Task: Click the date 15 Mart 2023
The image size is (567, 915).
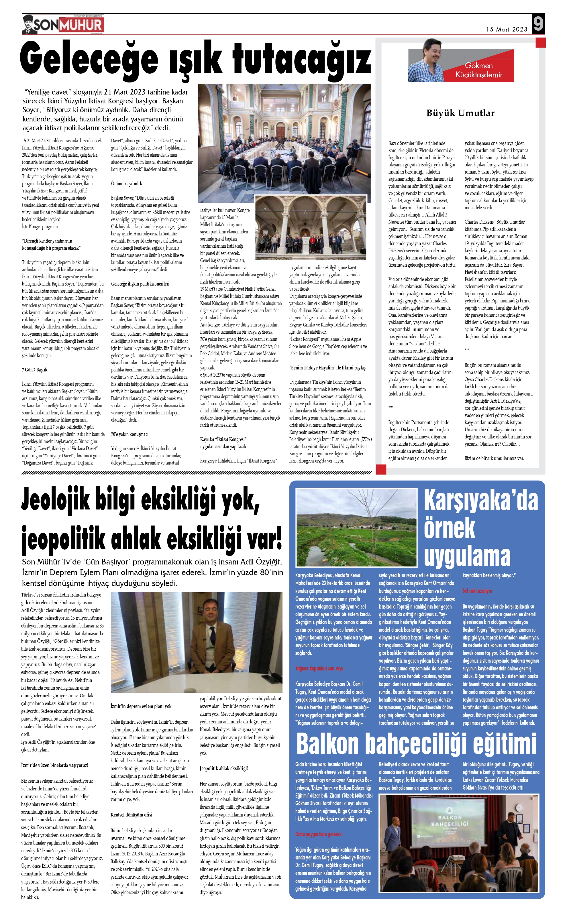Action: (506, 29)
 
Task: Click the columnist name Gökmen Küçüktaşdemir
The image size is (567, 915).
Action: (478, 70)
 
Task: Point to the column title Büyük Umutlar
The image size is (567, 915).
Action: (460, 113)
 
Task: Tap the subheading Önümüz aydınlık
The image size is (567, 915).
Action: (126, 184)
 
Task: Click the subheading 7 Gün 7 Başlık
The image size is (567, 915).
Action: (34, 370)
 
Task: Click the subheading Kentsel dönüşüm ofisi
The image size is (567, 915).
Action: (131, 814)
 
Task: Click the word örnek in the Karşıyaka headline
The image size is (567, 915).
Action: (449, 528)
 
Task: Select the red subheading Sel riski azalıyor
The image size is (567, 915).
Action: (477, 591)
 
